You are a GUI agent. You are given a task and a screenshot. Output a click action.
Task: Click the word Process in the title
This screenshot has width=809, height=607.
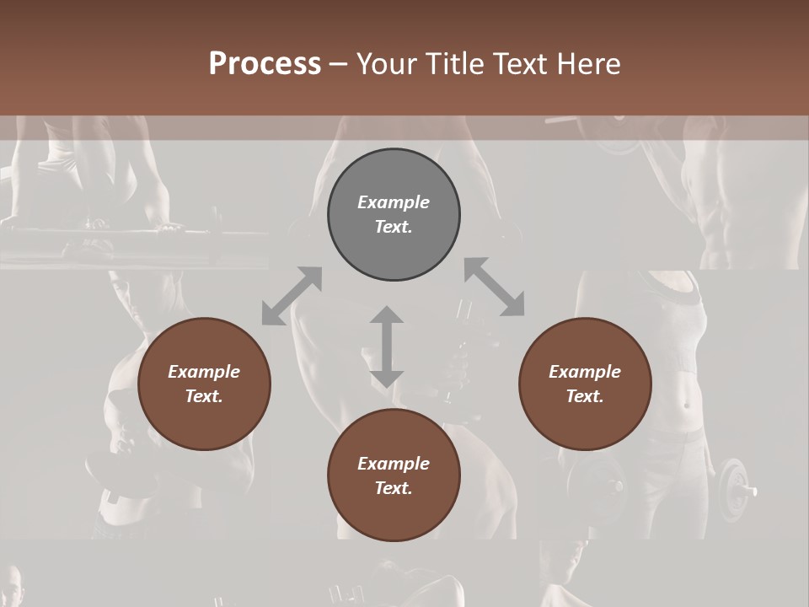pyautogui.click(x=265, y=64)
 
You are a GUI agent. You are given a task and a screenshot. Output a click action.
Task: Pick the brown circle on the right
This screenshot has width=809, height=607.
pyautogui.click(x=585, y=422)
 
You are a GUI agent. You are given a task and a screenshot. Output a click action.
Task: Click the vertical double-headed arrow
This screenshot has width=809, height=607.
pyautogui.click(x=387, y=346)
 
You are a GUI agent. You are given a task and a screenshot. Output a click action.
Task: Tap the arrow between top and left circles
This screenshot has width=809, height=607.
pyautogui.click(x=292, y=296)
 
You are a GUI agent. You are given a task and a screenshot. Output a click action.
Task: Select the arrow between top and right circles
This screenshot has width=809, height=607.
pyautogui.click(x=495, y=287)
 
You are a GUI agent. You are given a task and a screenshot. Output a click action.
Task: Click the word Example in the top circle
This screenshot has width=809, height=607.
pyautogui.click(x=394, y=202)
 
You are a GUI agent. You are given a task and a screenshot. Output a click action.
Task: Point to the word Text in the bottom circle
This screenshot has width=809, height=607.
pyautogui.click(x=394, y=488)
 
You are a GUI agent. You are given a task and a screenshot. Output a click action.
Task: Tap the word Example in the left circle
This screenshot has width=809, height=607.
pyautogui.click(x=204, y=372)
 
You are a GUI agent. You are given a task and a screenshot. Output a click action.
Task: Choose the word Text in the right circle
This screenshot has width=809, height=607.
pyautogui.click(x=585, y=396)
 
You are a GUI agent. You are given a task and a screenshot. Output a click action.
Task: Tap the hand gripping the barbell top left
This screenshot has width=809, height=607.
pyautogui.click(x=169, y=226)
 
